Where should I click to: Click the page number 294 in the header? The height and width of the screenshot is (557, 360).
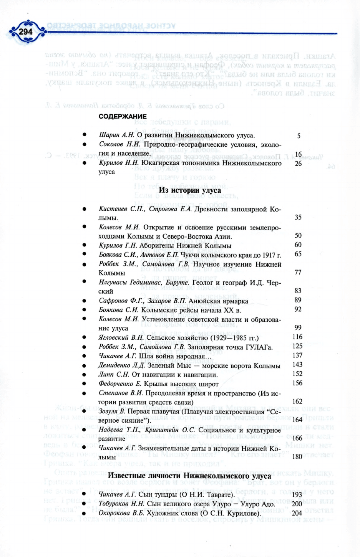(x=25, y=32)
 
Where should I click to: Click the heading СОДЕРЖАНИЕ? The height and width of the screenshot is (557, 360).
(x=123, y=116)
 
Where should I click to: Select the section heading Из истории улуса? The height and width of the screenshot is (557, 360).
(x=190, y=190)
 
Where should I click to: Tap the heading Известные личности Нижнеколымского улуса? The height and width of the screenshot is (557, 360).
(x=189, y=476)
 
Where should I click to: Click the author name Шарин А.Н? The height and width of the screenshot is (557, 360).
(x=117, y=135)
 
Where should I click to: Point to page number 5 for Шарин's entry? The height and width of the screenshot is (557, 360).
(x=299, y=136)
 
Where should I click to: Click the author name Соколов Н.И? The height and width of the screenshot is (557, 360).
(x=119, y=144)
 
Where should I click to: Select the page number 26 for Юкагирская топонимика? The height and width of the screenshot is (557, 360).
(x=298, y=164)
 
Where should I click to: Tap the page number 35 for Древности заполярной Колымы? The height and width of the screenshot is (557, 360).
(x=298, y=217)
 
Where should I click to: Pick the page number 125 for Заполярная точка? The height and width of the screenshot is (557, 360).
(x=297, y=346)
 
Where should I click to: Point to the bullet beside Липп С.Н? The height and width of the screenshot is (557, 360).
(x=84, y=375)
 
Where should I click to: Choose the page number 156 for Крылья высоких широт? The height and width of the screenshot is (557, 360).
(x=297, y=383)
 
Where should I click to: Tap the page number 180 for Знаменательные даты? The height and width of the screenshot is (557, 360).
(x=297, y=457)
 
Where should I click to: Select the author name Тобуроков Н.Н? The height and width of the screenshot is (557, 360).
(x=121, y=504)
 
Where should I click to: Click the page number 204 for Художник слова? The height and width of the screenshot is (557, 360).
(x=297, y=513)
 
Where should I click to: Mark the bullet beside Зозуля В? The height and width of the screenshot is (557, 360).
(x=84, y=412)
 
